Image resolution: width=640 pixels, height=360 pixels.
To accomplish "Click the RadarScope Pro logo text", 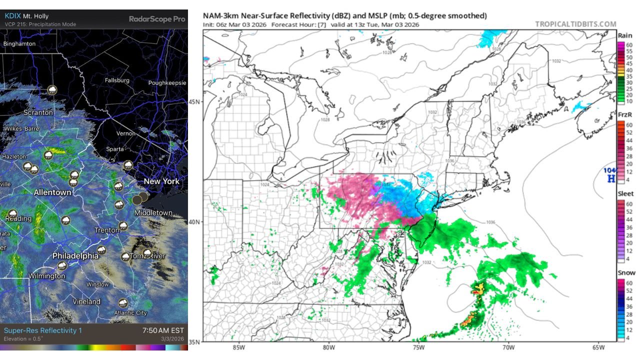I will pyautogui.click(x=157, y=19).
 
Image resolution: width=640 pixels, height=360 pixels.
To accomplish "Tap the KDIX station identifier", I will pyautogui.click(x=13, y=15).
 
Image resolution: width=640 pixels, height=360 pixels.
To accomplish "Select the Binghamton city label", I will pyautogui.click(x=19, y=44).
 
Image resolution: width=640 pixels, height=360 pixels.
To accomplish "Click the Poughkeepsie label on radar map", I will pyautogui.click(x=167, y=83).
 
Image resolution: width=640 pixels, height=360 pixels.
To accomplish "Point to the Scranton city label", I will pyautogui.click(x=38, y=112).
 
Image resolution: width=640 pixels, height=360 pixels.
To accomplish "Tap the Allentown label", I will pyautogui.click(x=52, y=192).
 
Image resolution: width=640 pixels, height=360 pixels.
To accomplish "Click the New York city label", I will pyautogui.click(x=161, y=181).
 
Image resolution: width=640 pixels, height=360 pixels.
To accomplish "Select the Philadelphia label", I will pyautogui.click(x=75, y=255).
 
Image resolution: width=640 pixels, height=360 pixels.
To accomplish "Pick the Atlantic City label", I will pyautogui.click(x=130, y=312).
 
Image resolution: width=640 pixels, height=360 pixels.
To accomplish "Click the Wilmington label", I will pyautogui.click(x=46, y=276).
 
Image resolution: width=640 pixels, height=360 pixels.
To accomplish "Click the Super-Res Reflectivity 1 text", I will pyautogui.click(x=42, y=330).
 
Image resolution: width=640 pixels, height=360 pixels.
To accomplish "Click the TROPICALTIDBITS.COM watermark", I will pyautogui.click(x=575, y=24).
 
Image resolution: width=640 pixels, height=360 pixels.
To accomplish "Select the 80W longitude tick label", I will pyautogui.click(x=328, y=347).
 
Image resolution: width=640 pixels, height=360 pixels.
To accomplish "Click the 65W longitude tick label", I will pyautogui.click(x=597, y=347).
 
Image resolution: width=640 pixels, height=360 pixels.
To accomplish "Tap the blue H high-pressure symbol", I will pyautogui.click(x=610, y=178).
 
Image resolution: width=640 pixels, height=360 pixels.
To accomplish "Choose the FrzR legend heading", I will pyautogui.click(x=625, y=115).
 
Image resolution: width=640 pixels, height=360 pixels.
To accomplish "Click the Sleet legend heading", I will pyautogui.click(x=625, y=193).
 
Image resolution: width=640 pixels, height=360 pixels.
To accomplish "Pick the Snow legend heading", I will pyautogui.click(x=626, y=272).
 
